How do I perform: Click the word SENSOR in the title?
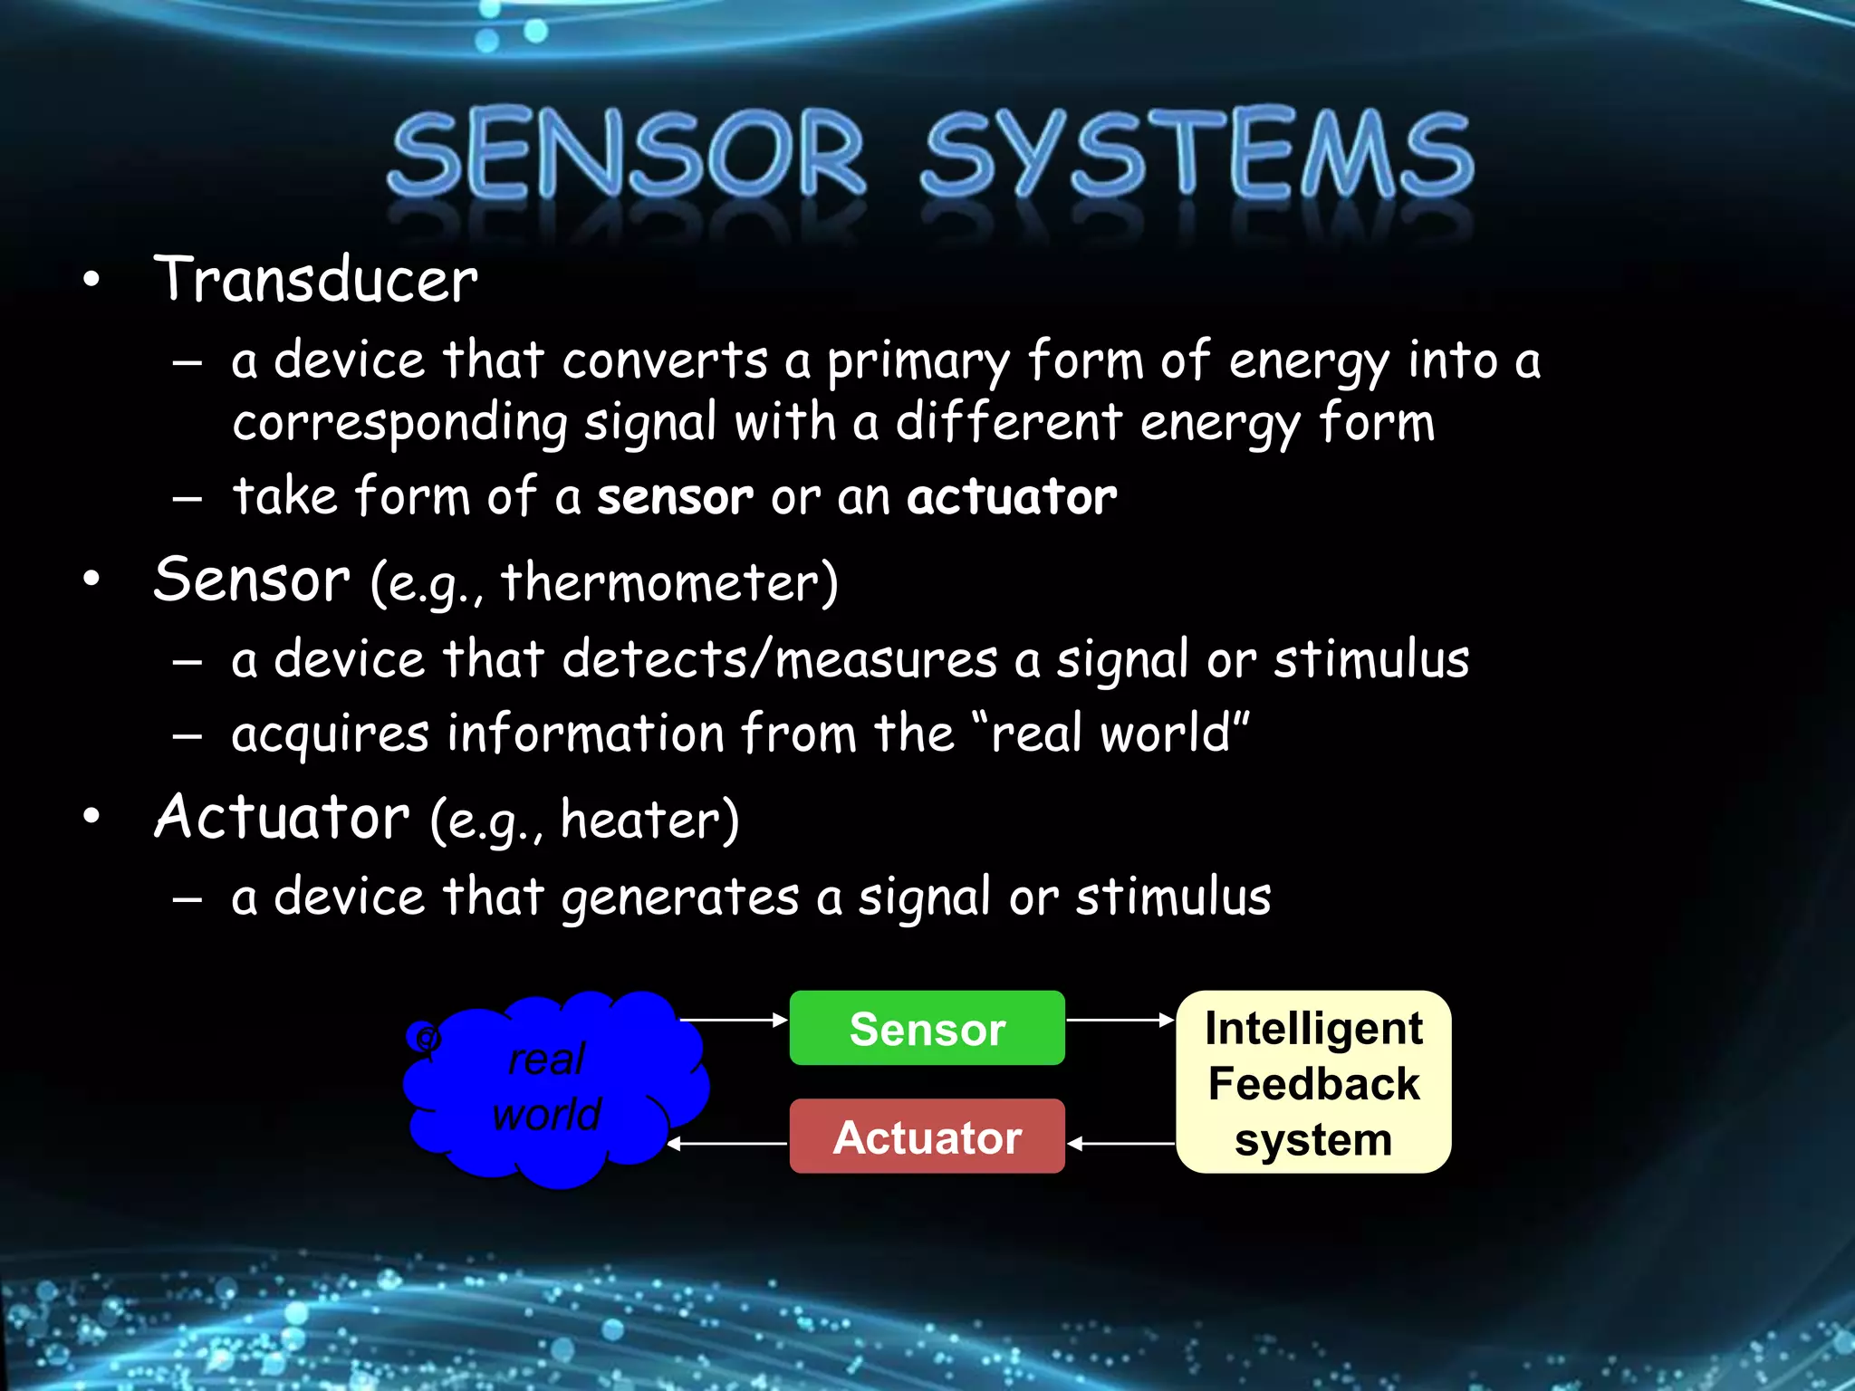627,154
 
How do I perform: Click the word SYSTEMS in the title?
1197,154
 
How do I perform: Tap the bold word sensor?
675,497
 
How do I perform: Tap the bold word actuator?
1012,497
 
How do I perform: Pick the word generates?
680,897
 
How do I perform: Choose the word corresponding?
399,423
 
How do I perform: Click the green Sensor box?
927,1028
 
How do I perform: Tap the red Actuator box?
927,1137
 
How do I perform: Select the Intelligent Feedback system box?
1313,1082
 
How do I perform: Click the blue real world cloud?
553,1087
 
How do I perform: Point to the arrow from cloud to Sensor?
734,1020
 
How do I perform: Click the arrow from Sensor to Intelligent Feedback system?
1120,1020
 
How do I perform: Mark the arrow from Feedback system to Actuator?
1121,1144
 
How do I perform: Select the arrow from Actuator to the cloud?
729,1144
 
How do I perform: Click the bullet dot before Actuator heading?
91,816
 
